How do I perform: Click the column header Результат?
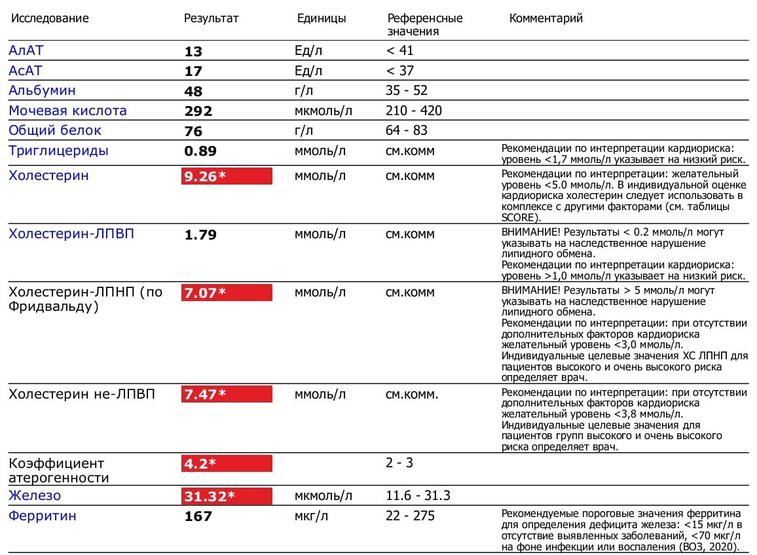(x=211, y=18)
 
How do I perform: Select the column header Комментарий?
(x=545, y=18)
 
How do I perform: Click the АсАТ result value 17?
(x=193, y=71)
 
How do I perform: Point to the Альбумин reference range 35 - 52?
(x=407, y=90)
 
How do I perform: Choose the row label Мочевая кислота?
(x=67, y=111)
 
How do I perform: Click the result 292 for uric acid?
(x=198, y=111)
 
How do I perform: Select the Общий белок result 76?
(x=193, y=131)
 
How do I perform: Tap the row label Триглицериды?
(x=58, y=151)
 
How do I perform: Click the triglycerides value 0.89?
(x=200, y=151)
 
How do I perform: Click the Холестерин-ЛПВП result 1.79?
(x=200, y=234)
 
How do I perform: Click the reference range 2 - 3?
(x=399, y=463)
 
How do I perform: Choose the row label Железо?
(x=34, y=495)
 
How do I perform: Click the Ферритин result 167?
(x=198, y=516)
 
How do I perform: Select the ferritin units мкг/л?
(x=312, y=516)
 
